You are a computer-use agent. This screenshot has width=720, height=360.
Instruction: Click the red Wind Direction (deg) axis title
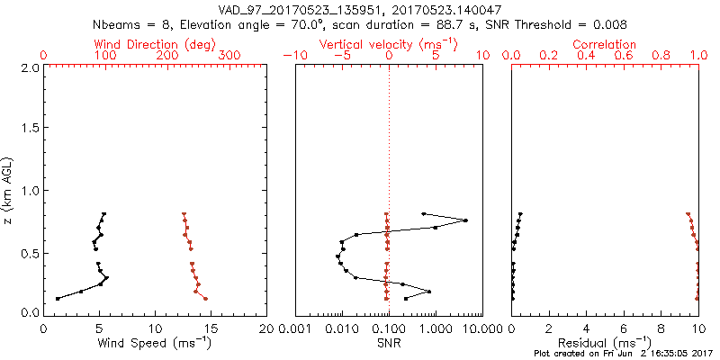(156, 44)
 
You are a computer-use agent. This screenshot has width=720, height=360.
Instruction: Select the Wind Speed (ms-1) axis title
(156, 343)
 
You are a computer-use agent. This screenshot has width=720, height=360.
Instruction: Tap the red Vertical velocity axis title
(389, 44)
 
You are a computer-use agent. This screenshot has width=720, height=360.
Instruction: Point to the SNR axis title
(389, 343)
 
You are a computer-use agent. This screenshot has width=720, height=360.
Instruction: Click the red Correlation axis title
(605, 44)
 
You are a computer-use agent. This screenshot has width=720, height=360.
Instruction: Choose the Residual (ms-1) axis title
(605, 343)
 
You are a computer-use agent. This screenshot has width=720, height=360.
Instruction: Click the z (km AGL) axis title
(8, 190)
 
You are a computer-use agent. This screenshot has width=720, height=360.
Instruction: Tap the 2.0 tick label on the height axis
(30, 67)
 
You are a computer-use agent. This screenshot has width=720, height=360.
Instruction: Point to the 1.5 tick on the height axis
(30, 129)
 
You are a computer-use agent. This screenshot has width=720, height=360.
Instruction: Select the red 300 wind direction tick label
(229, 56)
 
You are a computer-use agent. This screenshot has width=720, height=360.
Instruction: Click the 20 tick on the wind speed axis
(266, 328)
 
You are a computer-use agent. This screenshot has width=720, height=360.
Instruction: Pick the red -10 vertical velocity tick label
(292, 56)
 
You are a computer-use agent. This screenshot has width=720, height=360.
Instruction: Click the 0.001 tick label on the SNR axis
(295, 328)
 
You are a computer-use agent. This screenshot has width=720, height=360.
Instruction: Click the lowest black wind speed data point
(58, 298)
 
